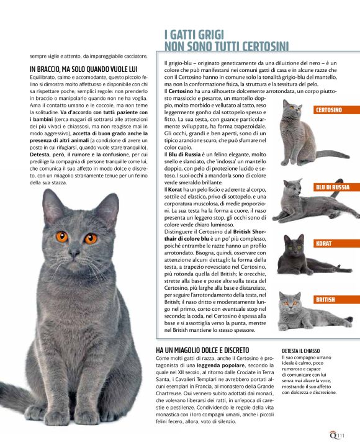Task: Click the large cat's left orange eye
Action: coord(61,236)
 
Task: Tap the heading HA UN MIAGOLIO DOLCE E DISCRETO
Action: coord(202,351)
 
